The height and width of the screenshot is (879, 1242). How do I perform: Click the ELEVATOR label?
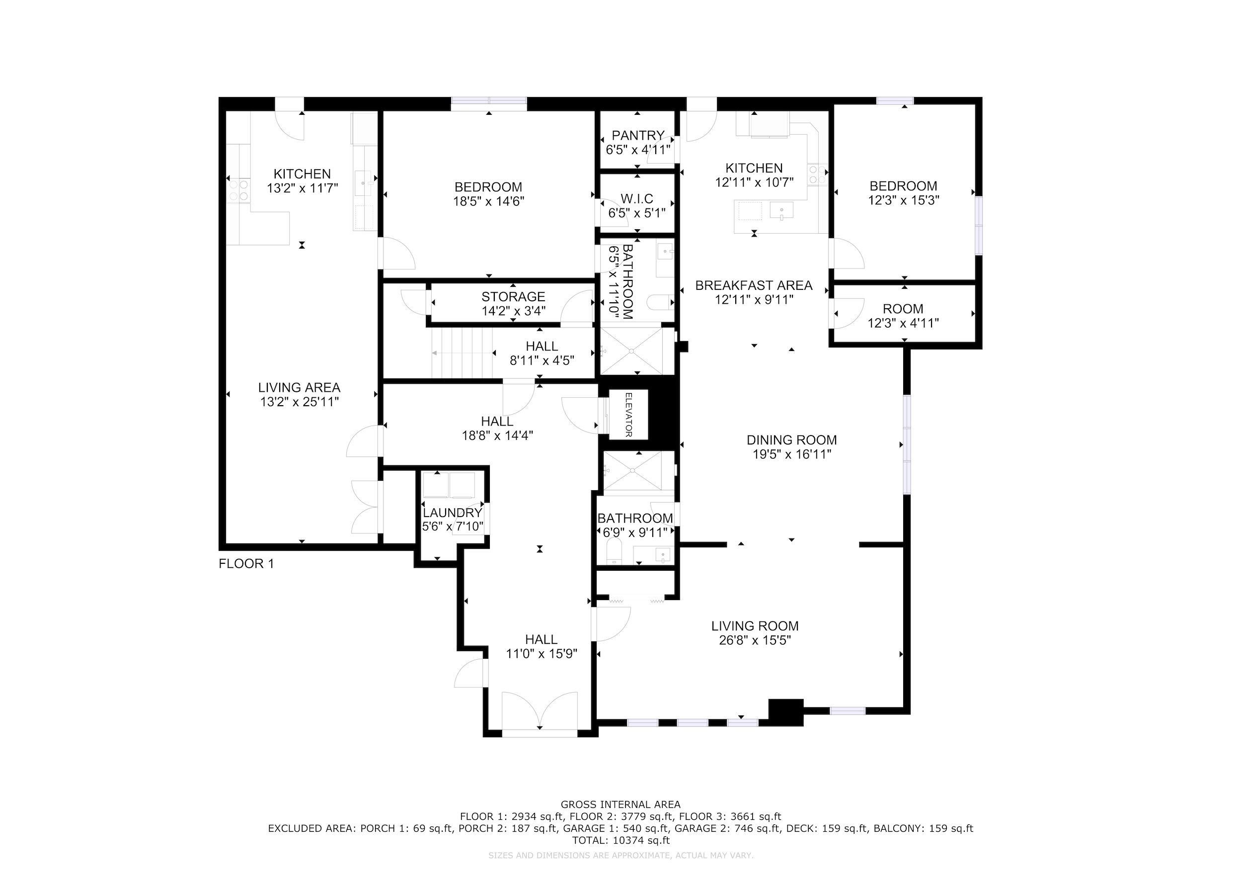[x=628, y=415]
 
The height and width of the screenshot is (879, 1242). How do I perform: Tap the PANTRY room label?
[x=638, y=135]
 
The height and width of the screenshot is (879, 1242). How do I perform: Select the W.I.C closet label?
[x=637, y=199]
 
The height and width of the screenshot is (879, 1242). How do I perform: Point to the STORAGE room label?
[x=513, y=297]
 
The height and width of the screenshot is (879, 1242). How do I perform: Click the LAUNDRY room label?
[x=452, y=513]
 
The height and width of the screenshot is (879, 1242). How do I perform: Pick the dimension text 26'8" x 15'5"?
[x=755, y=640]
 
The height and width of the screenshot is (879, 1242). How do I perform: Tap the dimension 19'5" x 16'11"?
[x=792, y=454]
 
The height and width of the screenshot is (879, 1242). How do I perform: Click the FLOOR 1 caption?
[x=246, y=563]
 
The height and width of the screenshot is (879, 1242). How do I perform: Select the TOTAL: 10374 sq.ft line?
[x=621, y=841]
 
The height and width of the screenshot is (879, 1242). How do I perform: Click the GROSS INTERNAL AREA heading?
[x=621, y=805]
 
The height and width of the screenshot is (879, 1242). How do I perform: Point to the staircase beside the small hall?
[x=463, y=353]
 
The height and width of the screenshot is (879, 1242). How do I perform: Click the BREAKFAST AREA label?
[x=754, y=285]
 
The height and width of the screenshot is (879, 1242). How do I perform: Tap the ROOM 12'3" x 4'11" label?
[x=903, y=316]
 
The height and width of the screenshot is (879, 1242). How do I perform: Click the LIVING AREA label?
[x=299, y=387]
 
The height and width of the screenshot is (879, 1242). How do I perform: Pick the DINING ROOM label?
[x=792, y=440]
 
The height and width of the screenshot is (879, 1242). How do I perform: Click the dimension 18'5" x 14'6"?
[x=488, y=201]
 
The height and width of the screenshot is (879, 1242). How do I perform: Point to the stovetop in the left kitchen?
[x=238, y=190]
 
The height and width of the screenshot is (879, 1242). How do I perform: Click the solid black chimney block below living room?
[x=786, y=712]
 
